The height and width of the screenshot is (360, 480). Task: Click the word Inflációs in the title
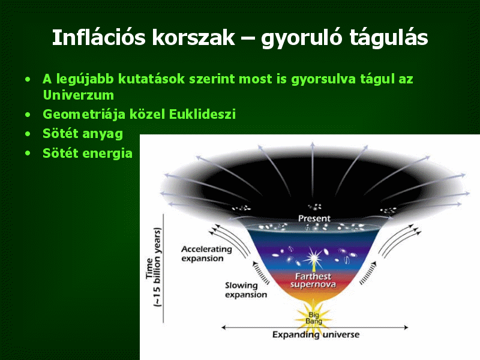click(98, 38)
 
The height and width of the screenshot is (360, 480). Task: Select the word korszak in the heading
click(193, 38)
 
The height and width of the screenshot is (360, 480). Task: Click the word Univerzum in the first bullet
click(79, 95)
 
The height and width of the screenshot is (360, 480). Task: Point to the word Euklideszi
click(202, 114)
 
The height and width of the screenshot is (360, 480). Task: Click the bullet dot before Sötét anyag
click(28, 134)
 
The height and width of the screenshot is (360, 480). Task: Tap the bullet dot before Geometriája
click(28, 115)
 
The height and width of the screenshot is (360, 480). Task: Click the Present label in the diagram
click(314, 218)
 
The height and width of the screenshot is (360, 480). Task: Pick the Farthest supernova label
click(313, 280)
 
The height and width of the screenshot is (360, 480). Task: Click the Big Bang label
click(314, 318)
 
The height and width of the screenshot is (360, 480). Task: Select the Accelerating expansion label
click(206, 254)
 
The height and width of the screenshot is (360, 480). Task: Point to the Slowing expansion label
click(246, 290)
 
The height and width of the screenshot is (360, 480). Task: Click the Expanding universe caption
click(316, 335)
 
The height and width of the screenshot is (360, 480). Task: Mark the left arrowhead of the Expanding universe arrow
click(224, 328)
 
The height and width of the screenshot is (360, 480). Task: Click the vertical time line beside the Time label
click(163, 268)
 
